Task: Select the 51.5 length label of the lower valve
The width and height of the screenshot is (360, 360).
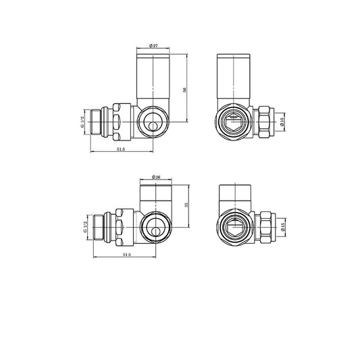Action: (126, 255)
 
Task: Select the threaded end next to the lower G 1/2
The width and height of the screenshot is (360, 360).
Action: (102, 227)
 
